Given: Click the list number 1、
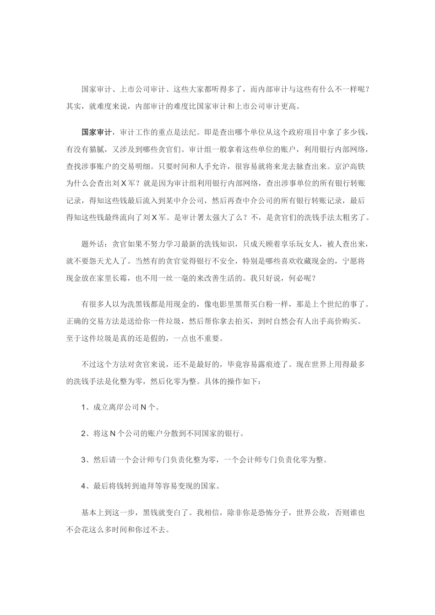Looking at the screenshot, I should (86, 394).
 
